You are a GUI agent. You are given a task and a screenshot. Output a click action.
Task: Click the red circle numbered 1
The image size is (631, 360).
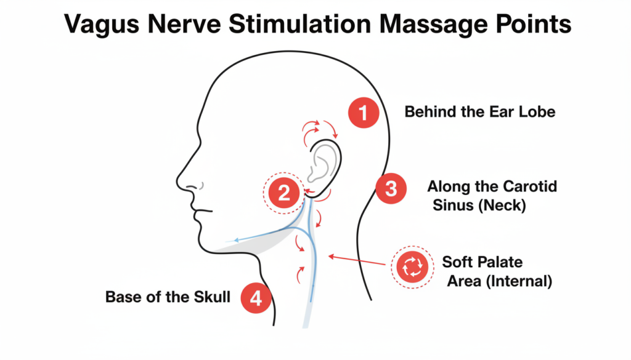364,113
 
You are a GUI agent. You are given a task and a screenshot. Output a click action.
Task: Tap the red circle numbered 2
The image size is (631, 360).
283,193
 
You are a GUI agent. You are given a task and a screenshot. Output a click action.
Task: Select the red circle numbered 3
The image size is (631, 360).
391,188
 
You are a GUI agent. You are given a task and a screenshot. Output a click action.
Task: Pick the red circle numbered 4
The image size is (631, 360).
256,298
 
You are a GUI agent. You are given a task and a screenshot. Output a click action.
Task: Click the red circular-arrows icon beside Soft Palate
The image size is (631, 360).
412,267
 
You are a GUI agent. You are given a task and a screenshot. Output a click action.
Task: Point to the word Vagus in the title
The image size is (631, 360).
102,24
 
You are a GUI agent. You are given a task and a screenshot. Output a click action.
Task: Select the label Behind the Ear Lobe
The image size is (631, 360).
479,112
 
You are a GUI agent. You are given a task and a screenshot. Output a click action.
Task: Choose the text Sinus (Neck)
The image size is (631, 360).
479,206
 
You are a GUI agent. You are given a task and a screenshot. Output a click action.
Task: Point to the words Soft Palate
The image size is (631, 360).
482,262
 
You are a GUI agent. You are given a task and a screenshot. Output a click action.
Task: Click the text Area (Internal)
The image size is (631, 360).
499,281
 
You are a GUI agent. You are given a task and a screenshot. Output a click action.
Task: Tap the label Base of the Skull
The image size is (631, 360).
168,297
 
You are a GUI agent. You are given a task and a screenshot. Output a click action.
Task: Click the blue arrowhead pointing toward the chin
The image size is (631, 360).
237,240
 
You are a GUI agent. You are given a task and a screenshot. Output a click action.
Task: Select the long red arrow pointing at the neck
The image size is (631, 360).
357,260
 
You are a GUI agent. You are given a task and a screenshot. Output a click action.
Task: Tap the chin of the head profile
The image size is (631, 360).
202,244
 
